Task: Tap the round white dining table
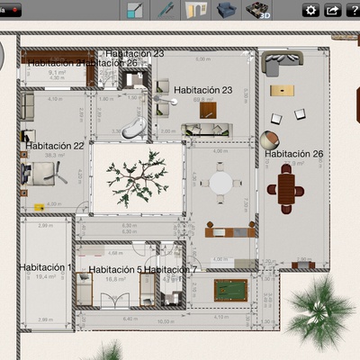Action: click(220, 182)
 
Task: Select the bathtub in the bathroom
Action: click(133, 124)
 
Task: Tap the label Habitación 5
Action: click(115, 269)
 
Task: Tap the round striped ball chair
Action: click(267, 139)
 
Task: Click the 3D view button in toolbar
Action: click(260, 11)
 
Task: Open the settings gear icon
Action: click(311, 11)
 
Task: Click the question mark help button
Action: click(354, 11)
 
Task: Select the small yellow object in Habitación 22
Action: click(39, 206)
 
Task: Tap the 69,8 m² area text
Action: click(202, 101)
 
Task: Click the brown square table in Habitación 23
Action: click(209, 111)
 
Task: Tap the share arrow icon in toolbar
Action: click(333, 11)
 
